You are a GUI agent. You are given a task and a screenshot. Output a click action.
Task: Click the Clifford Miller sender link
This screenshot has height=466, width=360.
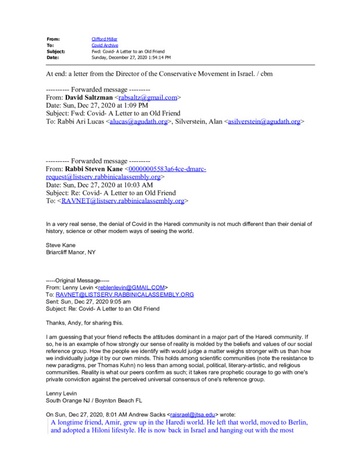pyautogui.click(x=105, y=38)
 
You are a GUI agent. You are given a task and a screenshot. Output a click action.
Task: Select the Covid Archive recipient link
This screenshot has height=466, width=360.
pyautogui.click(x=104, y=45)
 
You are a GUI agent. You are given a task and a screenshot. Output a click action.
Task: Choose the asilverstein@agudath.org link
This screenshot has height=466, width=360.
pyautogui.click(x=264, y=122)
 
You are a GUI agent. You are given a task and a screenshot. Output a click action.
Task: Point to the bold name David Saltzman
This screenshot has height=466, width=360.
pyautogui.click(x=89, y=98)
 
